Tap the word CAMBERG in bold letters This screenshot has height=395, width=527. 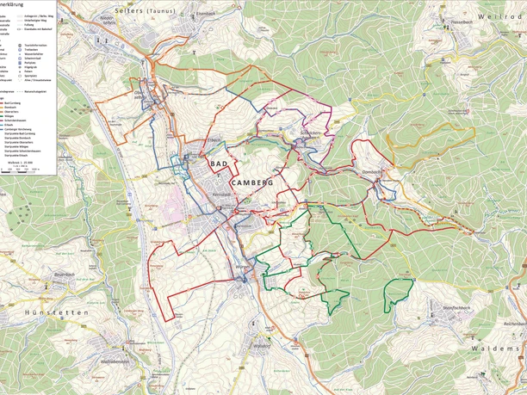[x=251, y=182]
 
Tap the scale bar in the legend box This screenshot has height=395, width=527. [x=26, y=169]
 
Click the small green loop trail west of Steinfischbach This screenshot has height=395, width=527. [x=397, y=293]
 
